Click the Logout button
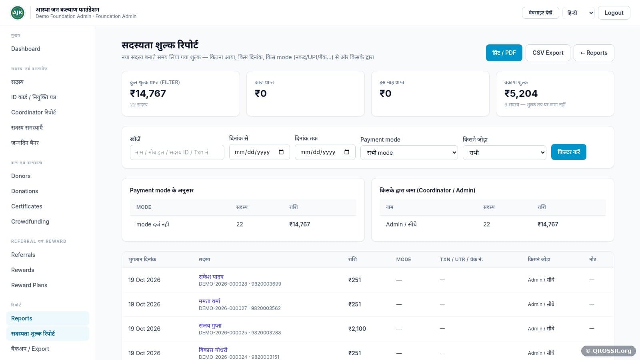click(x=614, y=13)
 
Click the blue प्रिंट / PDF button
click(x=504, y=53)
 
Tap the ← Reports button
click(x=594, y=53)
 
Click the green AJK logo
click(x=18, y=13)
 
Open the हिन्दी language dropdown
click(x=578, y=13)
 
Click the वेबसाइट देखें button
click(x=540, y=13)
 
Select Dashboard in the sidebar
click(x=26, y=49)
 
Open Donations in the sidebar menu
click(x=24, y=191)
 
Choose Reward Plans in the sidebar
click(x=29, y=285)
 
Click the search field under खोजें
click(x=177, y=152)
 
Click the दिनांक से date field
click(x=259, y=152)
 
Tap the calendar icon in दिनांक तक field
click(x=346, y=152)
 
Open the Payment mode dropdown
click(x=409, y=152)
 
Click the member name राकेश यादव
click(x=211, y=276)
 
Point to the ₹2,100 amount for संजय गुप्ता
click(x=357, y=329)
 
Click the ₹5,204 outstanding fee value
click(x=521, y=94)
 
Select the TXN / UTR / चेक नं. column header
click(x=461, y=260)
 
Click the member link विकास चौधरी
click(x=213, y=350)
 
